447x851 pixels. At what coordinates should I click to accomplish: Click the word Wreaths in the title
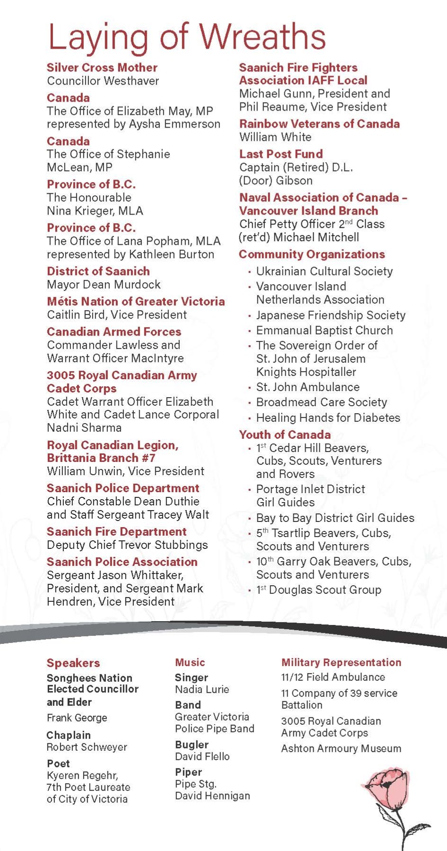263,37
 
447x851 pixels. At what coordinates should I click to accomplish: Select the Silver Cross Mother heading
102,68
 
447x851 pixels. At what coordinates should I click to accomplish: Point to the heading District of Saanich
98,271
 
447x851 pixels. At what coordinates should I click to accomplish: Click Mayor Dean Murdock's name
104,285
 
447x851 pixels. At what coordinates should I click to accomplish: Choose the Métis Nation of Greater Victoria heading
136,302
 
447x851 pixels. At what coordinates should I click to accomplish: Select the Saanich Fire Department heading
116,532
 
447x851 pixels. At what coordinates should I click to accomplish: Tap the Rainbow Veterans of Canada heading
319,124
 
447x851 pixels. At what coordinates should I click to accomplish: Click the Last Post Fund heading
281,154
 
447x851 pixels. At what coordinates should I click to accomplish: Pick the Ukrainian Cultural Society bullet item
324,271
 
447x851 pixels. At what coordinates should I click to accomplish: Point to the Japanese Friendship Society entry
331,315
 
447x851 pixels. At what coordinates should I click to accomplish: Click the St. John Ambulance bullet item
307,387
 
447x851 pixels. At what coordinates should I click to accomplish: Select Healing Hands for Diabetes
328,418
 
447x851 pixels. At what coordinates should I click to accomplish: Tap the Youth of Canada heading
285,435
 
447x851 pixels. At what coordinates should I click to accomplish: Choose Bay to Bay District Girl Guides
335,518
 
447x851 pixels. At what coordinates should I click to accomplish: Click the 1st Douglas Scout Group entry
318,590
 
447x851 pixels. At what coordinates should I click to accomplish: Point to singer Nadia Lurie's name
202,690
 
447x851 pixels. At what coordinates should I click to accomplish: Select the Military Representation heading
341,663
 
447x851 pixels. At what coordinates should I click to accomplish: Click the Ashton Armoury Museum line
341,749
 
